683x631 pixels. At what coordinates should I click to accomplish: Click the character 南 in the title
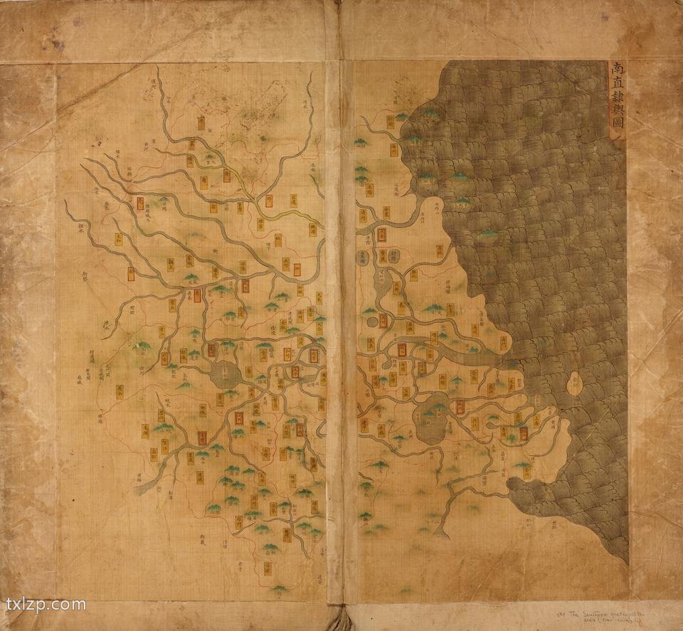point(616,70)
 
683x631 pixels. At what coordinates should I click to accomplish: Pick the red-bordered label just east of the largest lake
point(460,406)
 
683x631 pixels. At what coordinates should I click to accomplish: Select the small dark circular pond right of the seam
point(373,322)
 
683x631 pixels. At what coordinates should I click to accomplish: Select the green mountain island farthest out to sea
point(487,233)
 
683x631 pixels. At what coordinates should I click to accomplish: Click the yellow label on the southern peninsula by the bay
point(524,467)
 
